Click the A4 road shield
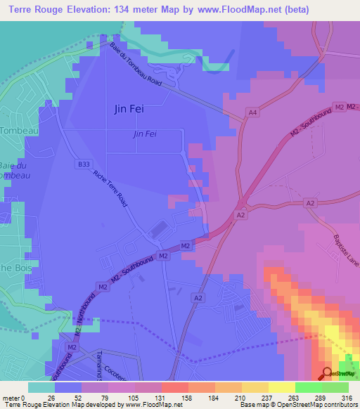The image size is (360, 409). click(252, 112)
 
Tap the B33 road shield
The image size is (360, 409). click(84, 164)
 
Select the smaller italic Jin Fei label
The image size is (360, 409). click(143, 134)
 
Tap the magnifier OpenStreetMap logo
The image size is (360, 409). click(327, 373)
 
